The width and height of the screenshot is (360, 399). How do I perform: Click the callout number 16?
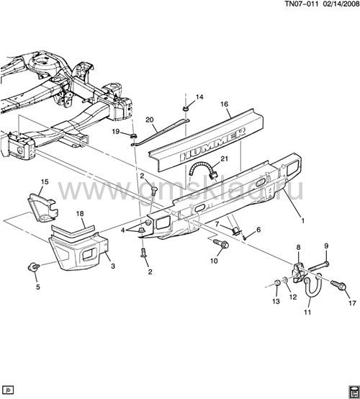224,104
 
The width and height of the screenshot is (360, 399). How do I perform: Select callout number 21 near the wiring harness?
225,158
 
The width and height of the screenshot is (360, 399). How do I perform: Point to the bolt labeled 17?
338,284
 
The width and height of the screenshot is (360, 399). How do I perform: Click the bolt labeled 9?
319,266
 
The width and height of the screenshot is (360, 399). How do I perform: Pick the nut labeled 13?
277,283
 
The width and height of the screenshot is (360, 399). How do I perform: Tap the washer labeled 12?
286,280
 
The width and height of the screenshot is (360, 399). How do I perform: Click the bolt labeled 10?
221,244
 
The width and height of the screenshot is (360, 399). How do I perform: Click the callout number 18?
80,213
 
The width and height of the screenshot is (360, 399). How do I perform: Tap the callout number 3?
113,266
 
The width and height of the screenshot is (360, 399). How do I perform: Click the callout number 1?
302,220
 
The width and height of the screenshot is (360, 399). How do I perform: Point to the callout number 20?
150,120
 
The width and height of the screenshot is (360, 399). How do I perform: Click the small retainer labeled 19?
132,136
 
